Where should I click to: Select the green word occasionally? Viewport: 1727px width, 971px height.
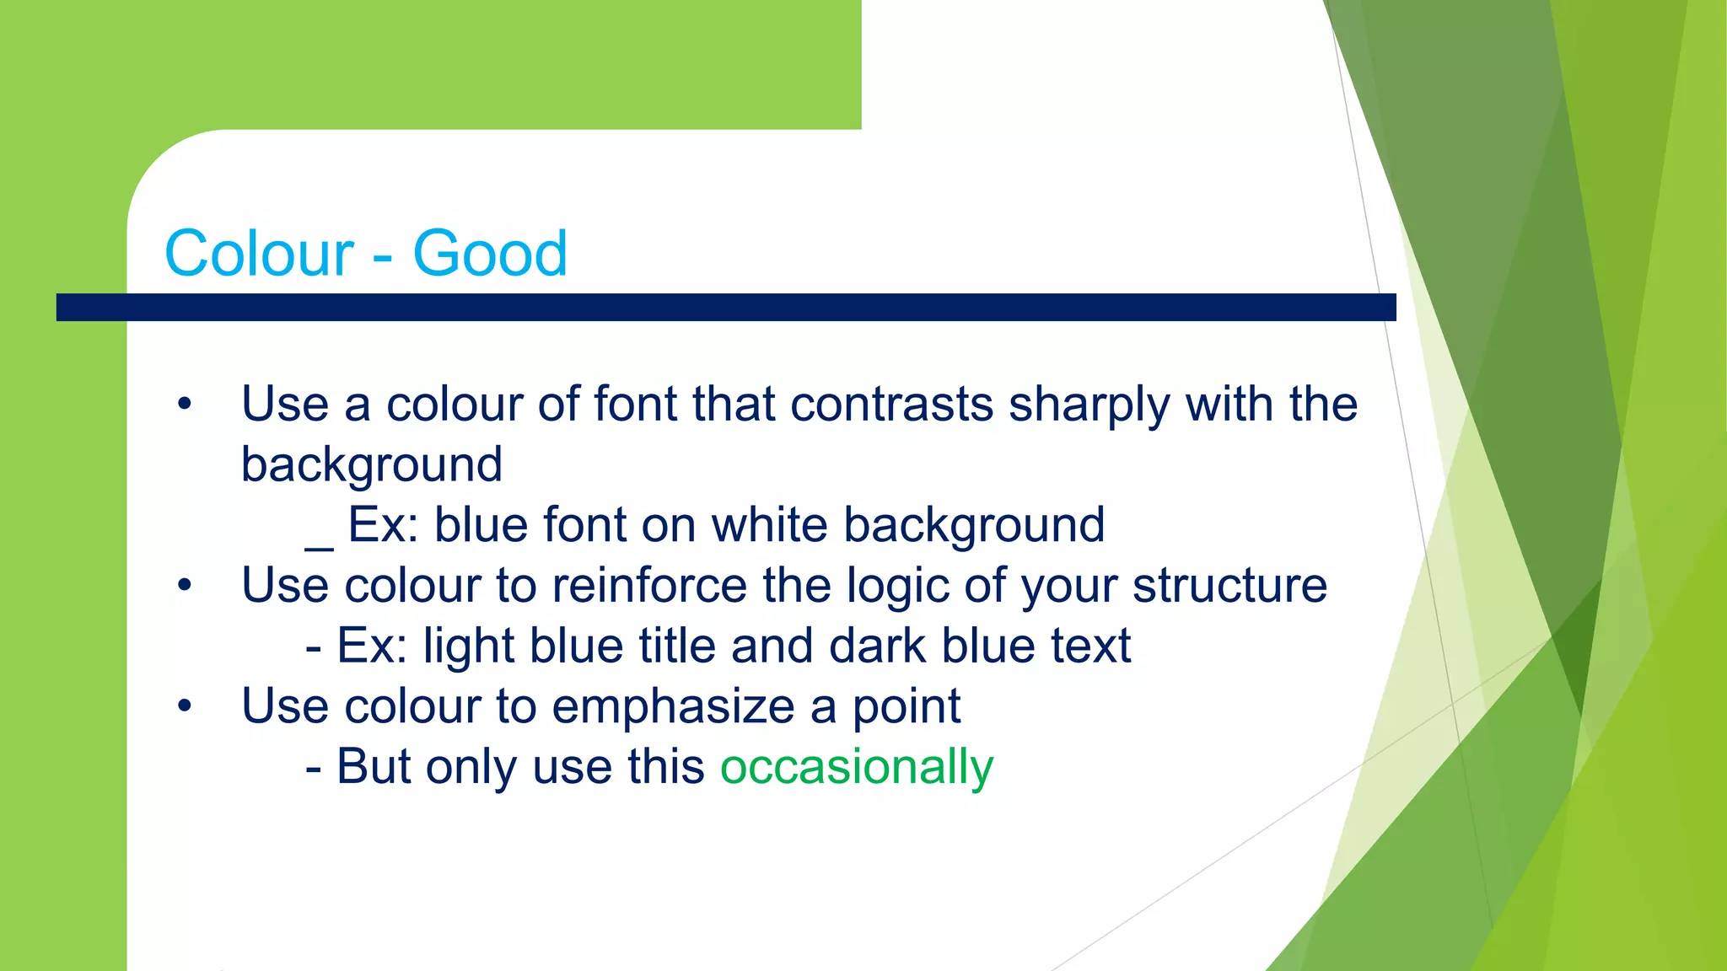pyautogui.click(x=857, y=767)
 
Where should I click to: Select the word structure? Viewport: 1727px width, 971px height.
pyautogui.click(x=1229, y=586)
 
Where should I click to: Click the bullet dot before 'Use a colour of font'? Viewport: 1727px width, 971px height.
pyautogui.click(x=185, y=405)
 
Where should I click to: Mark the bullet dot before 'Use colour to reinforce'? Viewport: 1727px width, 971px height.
pyautogui.click(x=185, y=586)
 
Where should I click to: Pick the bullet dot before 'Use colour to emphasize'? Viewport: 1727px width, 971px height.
pyautogui.click(x=185, y=706)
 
